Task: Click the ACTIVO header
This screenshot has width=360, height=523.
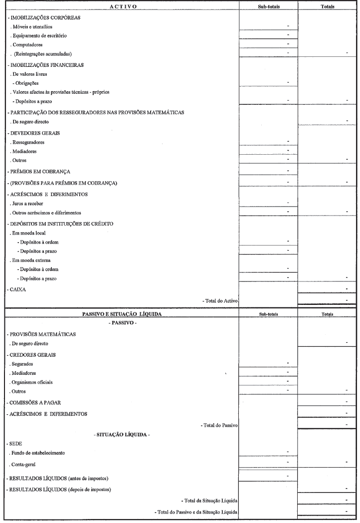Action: [122, 6]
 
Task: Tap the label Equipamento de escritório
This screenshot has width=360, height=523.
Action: [38, 35]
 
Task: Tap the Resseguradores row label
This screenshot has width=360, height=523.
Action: [27, 142]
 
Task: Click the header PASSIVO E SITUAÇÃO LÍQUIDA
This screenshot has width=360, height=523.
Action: [122, 315]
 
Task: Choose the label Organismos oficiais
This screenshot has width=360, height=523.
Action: [33, 382]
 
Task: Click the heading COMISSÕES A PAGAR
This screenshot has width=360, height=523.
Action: [35, 402]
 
